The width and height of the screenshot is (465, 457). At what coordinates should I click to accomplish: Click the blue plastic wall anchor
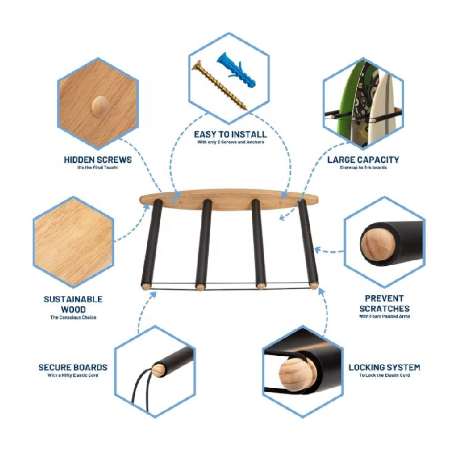(236, 70)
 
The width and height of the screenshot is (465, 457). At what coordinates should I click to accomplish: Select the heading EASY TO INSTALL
(230, 134)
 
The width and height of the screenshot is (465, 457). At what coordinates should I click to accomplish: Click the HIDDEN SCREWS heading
(98, 160)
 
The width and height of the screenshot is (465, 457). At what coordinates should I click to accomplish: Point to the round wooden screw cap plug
(100, 105)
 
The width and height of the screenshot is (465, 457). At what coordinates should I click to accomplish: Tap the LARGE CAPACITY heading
(363, 160)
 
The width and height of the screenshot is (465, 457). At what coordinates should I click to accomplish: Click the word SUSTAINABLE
(73, 299)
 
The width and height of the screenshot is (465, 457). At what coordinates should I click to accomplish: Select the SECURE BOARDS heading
(73, 368)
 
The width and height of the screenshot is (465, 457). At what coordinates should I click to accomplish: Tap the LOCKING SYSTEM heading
(384, 368)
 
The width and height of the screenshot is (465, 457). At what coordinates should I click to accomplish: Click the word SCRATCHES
(385, 308)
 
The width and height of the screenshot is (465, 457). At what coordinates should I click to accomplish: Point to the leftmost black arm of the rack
(152, 243)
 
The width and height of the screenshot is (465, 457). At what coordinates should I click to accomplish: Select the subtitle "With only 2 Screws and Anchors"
(230, 142)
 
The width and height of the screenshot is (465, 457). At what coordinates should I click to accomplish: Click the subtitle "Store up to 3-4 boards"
(363, 168)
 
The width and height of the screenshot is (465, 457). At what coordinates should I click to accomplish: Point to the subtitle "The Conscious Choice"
(73, 318)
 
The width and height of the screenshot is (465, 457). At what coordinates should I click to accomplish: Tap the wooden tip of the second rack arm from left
(201, 287)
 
